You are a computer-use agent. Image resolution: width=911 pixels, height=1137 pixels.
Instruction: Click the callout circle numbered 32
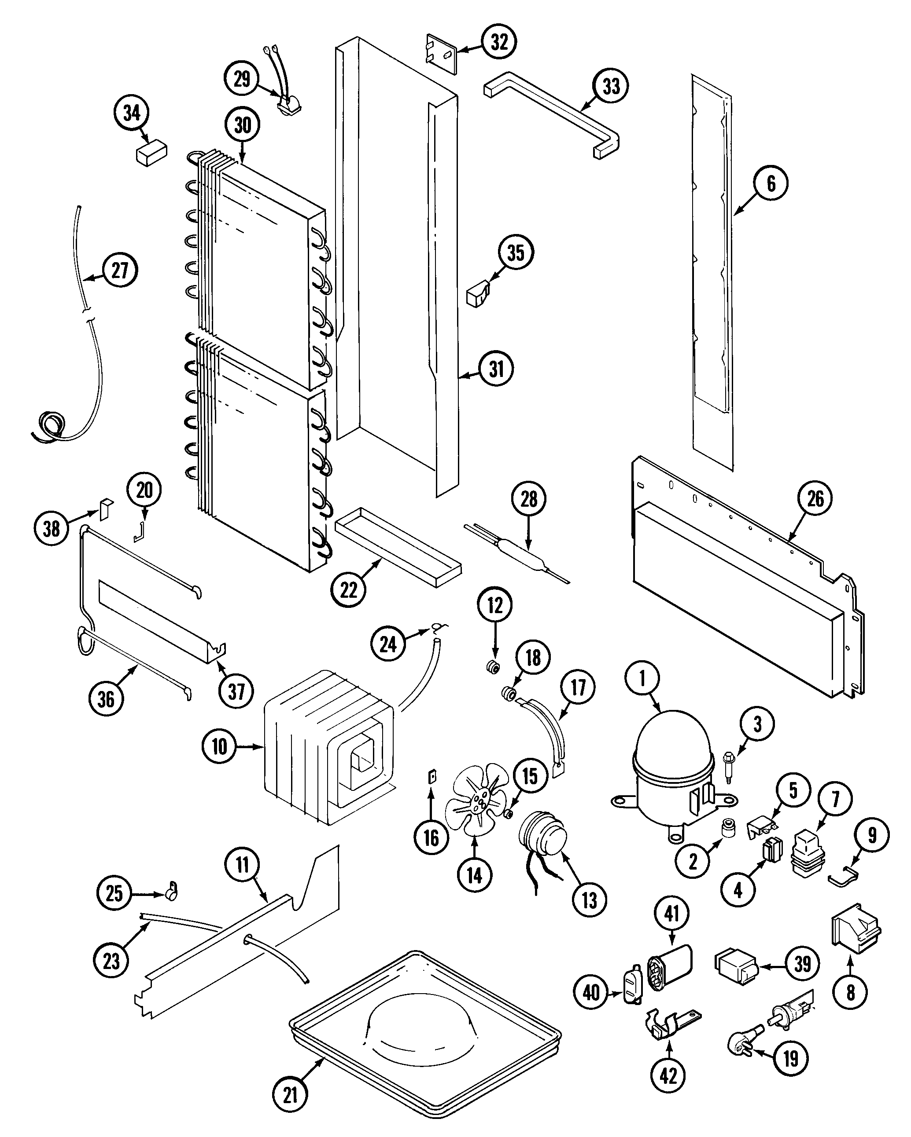tap(499, 41)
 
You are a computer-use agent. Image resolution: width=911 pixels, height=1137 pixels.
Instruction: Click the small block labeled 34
tap(151, 153)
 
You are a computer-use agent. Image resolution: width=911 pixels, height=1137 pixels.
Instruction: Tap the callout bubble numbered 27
tap(120, 270)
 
